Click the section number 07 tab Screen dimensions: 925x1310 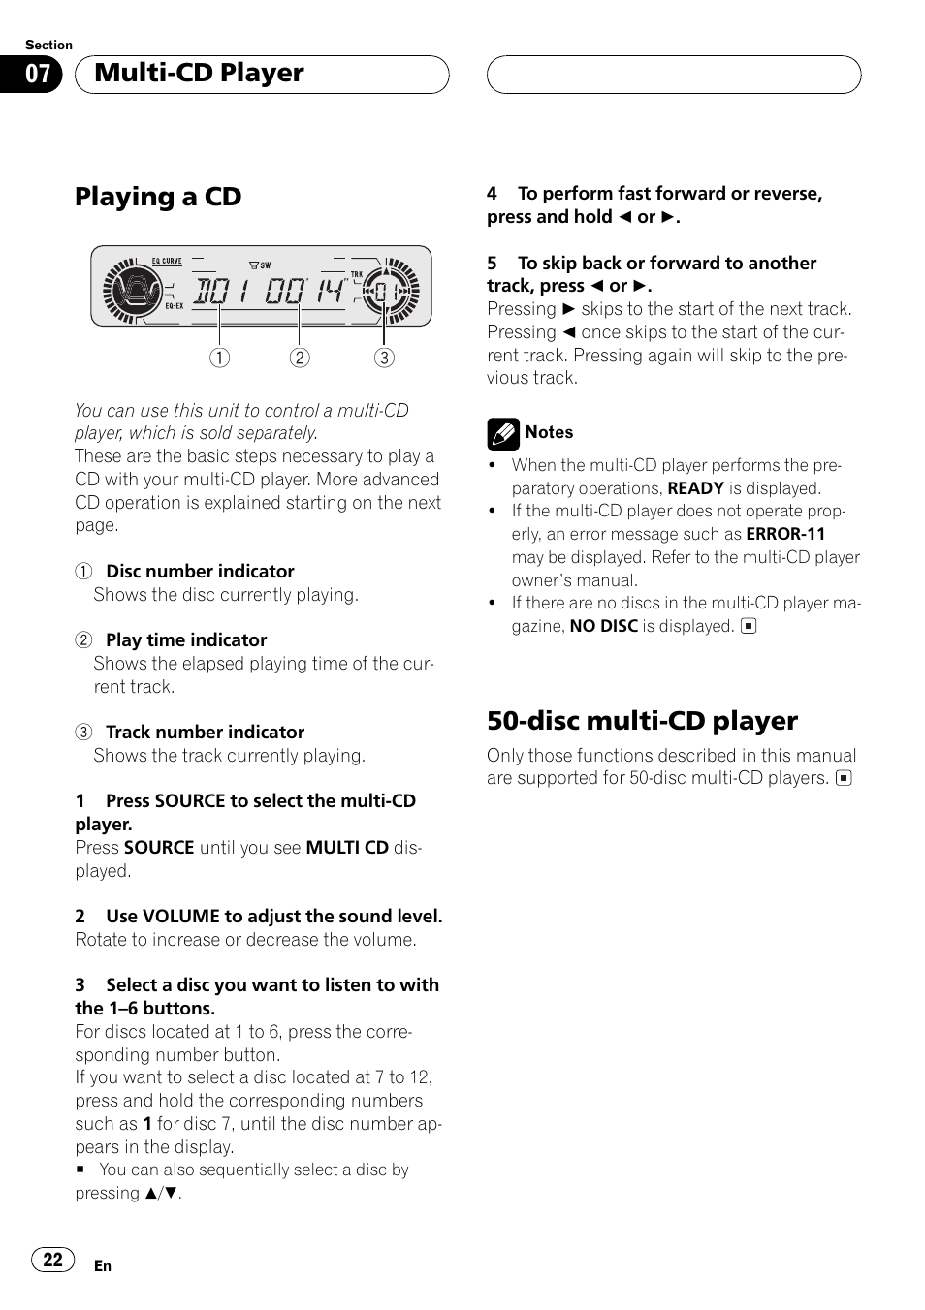pyautogui.click(x=30, y=75)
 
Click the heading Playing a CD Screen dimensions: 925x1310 pyautogui.click(x=158, y=197)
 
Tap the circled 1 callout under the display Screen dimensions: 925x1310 pyautogui.click(x=219, y=358)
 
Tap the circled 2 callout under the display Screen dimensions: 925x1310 pyautogui.click(x=300, y=358)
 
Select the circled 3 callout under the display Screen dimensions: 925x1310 pyautogui.click(x=384, y=358)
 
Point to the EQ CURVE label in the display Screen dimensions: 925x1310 pyautogui.click(x=167, y=261)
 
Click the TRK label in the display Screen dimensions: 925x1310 pyautogui.click(x=357, y=274)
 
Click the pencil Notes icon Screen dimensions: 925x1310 pyautogui.click(x=502, y=434)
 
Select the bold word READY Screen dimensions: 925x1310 pyautogui.click(x=695, y=488)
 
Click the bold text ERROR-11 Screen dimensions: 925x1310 pyautogui.click(x=785, y=534)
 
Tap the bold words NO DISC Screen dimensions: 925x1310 pyautogui.click(x=603, y=626)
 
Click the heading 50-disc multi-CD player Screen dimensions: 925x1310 pyautogui.click(x=642, y=721)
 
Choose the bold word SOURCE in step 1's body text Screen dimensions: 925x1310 pyautogui.click(x=159, y=848)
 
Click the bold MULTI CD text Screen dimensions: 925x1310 pyautogui.click(x=347, y=848)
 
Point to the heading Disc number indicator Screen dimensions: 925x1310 pyautogui.click(x=200, y=572)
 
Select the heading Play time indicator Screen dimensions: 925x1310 pyautogui.click(x=186, y=640)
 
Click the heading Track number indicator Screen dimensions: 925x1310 pyautogui.click(x=205, y=733)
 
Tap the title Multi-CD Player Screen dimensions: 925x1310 pyautogui.click(x=199, y=73)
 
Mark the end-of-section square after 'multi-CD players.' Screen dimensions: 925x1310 pyautogui.click(x=844, y=778)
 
